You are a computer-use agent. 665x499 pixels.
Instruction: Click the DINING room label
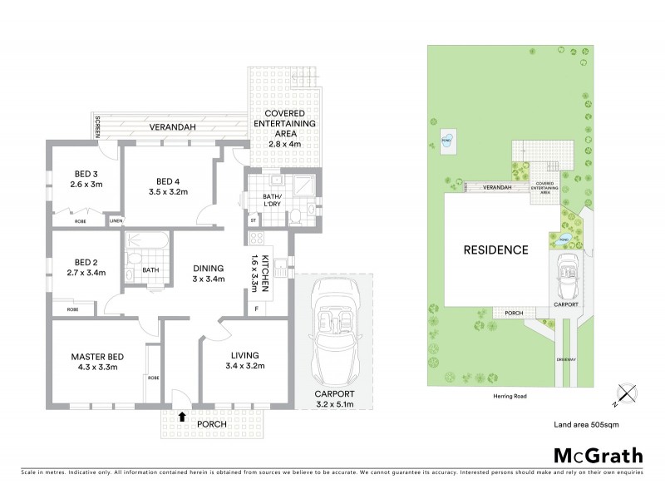click(208, 268)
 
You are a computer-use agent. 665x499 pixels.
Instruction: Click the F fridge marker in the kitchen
click(257, 309)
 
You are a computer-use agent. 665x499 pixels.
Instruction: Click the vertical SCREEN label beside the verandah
click(98, 127)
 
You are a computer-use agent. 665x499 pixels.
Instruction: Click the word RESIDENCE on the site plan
click(495, 249)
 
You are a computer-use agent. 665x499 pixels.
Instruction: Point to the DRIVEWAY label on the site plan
click(567, 358)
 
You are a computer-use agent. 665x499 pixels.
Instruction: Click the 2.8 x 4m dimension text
click(284, 143)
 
